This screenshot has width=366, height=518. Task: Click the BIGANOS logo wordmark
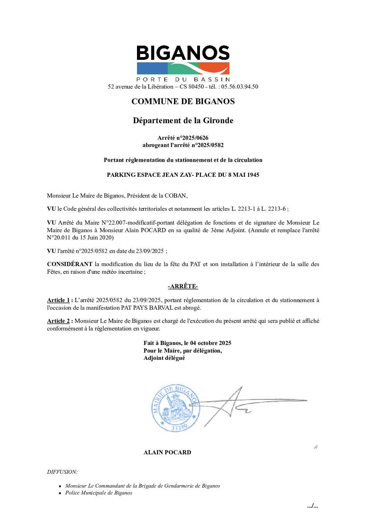pyautogui.click(x=183, y=53)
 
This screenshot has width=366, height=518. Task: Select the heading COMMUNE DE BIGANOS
pyautogui.click(x=183, y=101)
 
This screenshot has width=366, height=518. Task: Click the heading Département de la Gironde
pyautogui.click(x=183, y=120)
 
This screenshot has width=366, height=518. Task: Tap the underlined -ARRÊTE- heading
pyautogui.click(x=183, y=286)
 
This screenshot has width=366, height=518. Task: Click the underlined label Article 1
pyautogui.click(x=58, y=300)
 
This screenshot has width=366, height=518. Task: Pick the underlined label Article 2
pyautogui.click(x=58, y=321)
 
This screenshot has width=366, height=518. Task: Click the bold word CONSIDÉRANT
pyautogui.click(x=70, y=264)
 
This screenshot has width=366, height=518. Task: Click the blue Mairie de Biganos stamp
pyautogui.click(x=176, y=408)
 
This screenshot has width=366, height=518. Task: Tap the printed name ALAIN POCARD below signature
pyautogui.click(x=167, y=452)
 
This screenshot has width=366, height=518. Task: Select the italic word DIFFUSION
pyautogui.click(x=62, y=472)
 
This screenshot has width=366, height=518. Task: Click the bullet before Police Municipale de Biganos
pyautogui.click(x=60, y=493)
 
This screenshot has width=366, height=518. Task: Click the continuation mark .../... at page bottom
pyautogui.click(x=312, y=506)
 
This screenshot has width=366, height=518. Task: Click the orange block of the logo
pyautogui.click(x=214, y=68)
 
